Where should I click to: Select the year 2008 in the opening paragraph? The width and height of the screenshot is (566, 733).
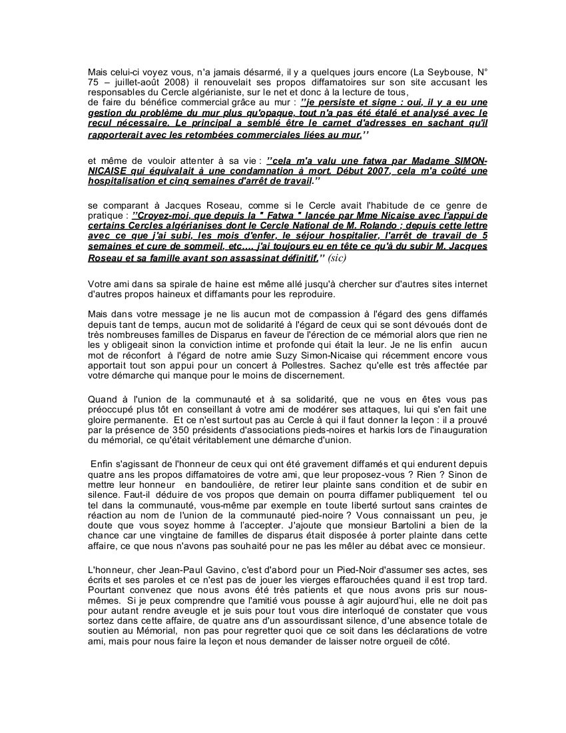(164, 82)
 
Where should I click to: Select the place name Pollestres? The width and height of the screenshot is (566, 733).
(322, 366)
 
